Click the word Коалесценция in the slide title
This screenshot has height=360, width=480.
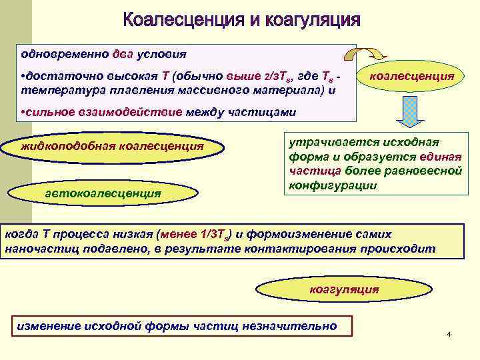pos(181,20)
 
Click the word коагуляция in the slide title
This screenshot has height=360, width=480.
pos(313,20)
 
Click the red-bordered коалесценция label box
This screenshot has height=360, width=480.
pos(411,77)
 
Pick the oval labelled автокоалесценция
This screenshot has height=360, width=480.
pos(103,193)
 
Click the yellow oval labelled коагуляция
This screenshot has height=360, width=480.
pos(344,289)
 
